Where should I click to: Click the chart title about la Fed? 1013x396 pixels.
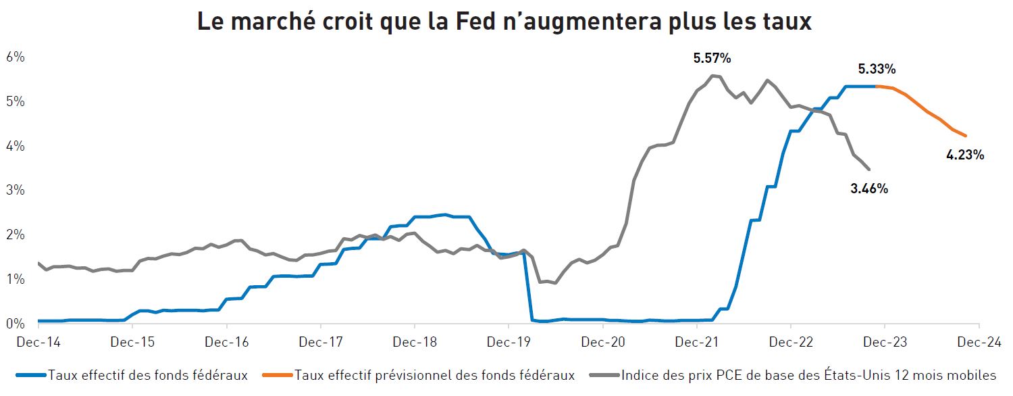(x=504, y=22)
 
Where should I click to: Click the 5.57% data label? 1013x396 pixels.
(x=712, y=59)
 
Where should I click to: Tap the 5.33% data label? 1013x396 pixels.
(x=877, y=69)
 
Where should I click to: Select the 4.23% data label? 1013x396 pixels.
(x=965, y=155)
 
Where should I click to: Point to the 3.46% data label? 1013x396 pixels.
(x=868, y=189)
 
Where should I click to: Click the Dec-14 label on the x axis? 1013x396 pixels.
(x=38, y=342)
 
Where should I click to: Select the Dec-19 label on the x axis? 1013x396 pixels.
(x=509, y=342)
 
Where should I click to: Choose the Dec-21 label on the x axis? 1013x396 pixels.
(x=696, y=342)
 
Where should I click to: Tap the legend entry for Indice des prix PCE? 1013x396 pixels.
(x=808, y=375)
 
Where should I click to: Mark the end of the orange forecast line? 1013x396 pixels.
(x=966, y=136)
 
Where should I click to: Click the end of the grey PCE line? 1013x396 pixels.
(x=869, y=169)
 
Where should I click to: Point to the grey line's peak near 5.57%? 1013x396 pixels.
(x=712, y=75)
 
